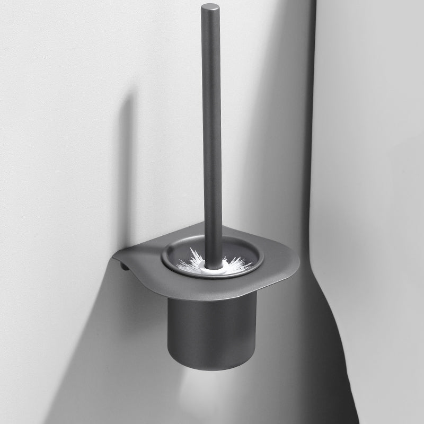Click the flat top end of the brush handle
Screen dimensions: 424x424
(210, 7)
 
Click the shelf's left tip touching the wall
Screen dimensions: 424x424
(114, 258)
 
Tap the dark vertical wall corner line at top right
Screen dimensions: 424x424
(313, 79)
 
